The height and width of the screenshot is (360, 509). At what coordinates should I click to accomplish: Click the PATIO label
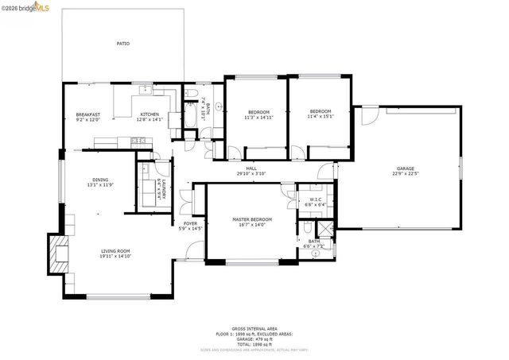coord(123,44)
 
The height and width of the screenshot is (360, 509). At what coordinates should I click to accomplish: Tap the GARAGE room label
coord(406,168)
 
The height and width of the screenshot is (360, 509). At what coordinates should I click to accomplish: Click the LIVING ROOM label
coord(115,251)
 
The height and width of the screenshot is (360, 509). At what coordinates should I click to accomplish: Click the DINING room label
coord(100,180)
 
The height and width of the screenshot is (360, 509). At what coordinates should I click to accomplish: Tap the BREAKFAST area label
coord(87,114)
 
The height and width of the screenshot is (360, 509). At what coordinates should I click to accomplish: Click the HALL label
coord(251,168)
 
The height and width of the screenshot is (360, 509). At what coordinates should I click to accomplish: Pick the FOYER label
coord(190,224)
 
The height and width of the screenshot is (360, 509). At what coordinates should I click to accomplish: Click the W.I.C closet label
coord(315,199)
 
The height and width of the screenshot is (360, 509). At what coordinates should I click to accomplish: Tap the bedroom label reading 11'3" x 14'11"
coord(258,117)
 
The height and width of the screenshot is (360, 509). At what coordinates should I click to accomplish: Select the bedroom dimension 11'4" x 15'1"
coord(320,117)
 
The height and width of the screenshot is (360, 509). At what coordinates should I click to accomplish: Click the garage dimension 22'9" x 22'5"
coord(406,173)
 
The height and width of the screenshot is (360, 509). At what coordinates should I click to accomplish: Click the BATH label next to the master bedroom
coord(314,242)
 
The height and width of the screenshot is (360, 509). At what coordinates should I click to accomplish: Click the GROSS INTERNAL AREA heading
coord(254,327)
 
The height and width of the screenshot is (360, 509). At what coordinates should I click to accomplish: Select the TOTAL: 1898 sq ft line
coord(254,345)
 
